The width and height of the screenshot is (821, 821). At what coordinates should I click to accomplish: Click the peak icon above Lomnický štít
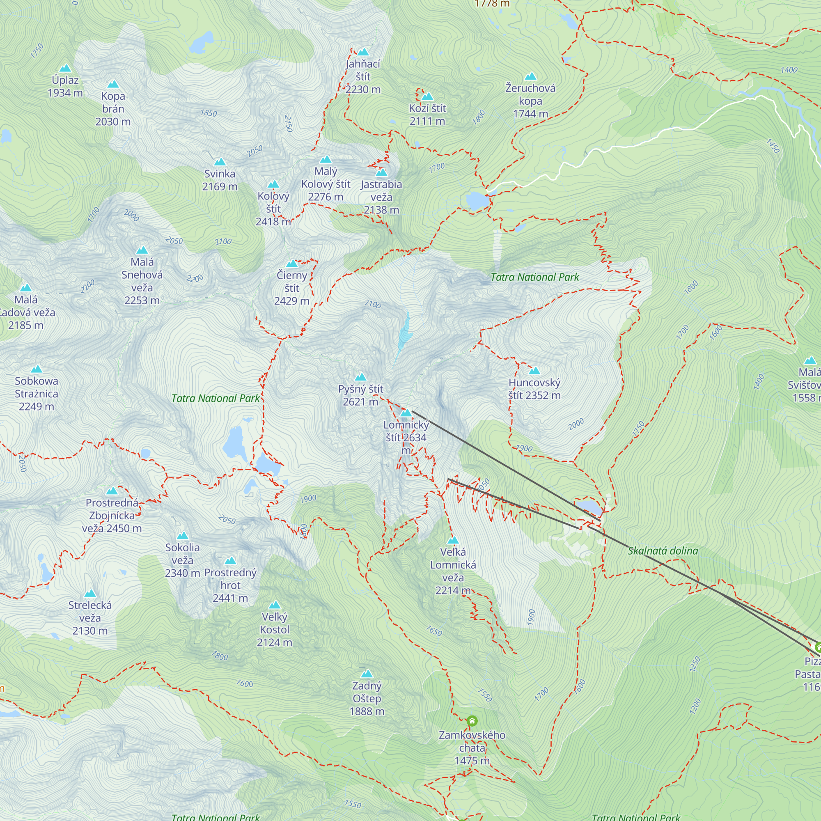(x=406, y=413)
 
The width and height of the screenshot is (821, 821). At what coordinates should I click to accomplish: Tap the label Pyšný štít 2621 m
(x=360, y=395)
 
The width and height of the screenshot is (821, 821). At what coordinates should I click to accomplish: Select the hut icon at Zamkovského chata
(x=472, y=721)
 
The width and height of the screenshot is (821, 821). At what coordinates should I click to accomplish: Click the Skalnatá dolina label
(x=663, y=551)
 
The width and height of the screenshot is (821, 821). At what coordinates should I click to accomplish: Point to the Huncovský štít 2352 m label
(x=534, y=389)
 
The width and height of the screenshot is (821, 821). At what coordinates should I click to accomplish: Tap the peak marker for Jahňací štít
(x=362, y=52)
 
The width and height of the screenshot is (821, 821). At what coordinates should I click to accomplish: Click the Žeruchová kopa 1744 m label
(x=530, y=101)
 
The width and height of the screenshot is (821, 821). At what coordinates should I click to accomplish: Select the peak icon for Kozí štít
(x=427, y=96)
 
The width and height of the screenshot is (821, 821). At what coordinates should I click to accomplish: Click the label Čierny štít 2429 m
(x=291, y=288)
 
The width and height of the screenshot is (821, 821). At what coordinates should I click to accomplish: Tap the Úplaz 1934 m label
(x=65, y=86)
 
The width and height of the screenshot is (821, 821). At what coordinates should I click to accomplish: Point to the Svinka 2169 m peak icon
(x=220, y=162)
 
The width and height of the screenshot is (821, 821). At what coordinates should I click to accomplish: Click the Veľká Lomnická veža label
(x=453, y=571)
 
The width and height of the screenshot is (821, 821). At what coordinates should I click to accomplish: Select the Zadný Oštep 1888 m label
(x=367, y=698)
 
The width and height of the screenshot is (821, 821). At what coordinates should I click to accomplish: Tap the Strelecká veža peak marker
(x=89, y=593)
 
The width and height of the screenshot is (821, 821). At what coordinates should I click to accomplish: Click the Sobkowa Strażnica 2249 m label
(x=37, y=394)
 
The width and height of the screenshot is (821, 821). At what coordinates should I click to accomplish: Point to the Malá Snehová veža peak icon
(x=142, y=250)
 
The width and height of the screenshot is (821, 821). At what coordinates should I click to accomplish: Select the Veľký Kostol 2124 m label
(x=275, y=629)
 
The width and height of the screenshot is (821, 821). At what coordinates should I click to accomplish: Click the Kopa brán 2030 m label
(x=113, y=109)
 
